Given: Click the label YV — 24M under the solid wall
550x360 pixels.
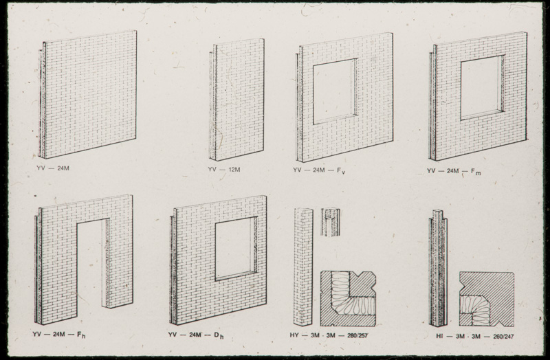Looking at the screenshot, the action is point(53,168).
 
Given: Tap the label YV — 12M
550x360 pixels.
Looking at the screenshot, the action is point(224,170).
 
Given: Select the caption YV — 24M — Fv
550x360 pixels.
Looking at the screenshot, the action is point(319,170).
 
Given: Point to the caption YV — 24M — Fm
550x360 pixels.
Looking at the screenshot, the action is point(454,171).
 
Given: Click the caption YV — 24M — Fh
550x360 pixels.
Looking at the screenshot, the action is point(59,335).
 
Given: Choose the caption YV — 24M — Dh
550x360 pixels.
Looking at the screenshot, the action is point(196,335).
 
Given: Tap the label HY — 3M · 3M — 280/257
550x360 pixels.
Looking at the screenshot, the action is point(329,335).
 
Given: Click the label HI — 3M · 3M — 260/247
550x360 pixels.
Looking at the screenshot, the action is point(475,336).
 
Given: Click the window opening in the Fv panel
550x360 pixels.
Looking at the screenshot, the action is point(335,91).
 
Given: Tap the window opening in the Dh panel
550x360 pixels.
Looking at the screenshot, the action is point(236,249).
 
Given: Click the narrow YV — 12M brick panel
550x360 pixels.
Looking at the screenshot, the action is point(236,99).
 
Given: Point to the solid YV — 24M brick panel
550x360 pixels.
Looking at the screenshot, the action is point(87,94).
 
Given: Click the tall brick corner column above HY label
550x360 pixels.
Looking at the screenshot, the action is point(303,267).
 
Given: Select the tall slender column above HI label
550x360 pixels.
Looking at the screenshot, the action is point(438,268).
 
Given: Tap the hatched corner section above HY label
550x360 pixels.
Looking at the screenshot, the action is point(348,299).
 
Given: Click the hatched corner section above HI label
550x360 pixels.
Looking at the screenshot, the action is point(487,299).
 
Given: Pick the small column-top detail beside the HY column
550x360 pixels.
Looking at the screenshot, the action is point(331,222).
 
